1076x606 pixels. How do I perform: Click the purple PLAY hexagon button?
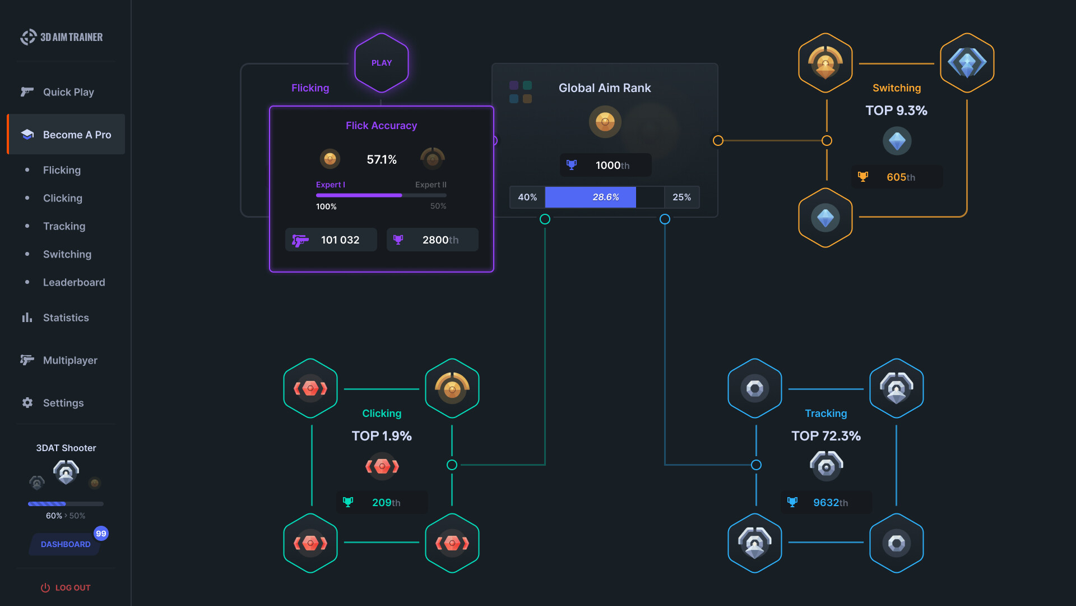382,63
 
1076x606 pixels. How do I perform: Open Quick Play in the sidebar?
68,92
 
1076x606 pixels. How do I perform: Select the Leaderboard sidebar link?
73,282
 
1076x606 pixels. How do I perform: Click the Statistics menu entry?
66,318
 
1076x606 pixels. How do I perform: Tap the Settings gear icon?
27,403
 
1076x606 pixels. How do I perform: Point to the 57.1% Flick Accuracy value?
382,160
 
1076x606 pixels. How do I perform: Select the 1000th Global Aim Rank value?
612,166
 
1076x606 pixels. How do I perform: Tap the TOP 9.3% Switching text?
896,111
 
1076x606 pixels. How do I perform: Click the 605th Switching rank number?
900,177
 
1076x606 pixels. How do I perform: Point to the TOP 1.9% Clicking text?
382,436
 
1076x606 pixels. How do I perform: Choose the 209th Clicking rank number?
386,503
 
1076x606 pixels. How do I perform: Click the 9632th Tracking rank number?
830,503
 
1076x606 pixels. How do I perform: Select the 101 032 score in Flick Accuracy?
340,240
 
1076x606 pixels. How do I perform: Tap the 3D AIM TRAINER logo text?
71,37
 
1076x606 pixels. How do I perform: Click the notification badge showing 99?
101,534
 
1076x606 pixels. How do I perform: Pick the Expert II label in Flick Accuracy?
430,185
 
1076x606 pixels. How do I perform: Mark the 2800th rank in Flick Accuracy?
440,240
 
